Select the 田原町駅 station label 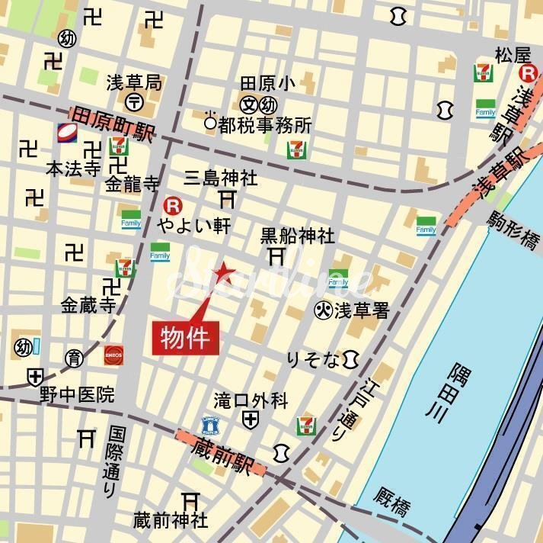tap(113, 124)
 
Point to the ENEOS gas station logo tap(114, 355)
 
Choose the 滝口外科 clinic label tap(251, 400)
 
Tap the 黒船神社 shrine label tap(297, 236)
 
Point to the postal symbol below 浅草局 tap(134, 101)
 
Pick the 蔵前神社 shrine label tap(171, 521)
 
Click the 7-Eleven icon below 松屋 tap(483, 73)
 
